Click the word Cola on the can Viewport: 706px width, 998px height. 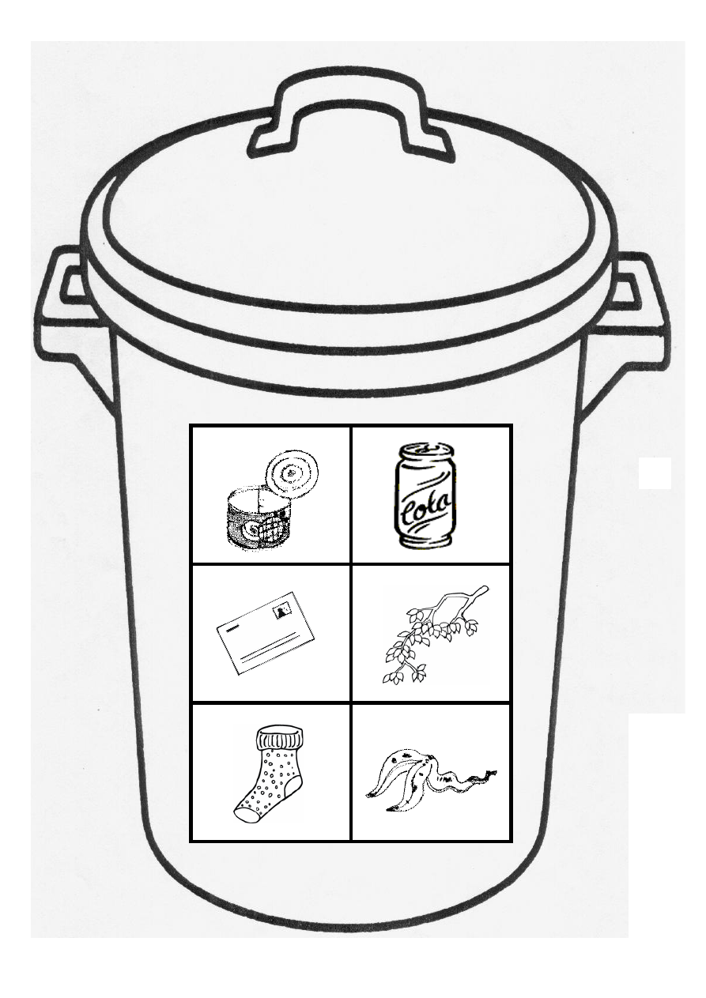click(x=426, y=506)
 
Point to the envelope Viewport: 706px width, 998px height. click(x=266, y=639)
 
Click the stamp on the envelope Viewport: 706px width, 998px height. click(x=281, y=612)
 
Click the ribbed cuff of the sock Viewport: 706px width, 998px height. click(x=280, y=740)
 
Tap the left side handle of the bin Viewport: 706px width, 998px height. click(x=74, y=323)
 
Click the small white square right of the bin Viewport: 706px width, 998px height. click(x=655, y=473)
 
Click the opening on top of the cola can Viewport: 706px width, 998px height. click(x=425, y=449)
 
